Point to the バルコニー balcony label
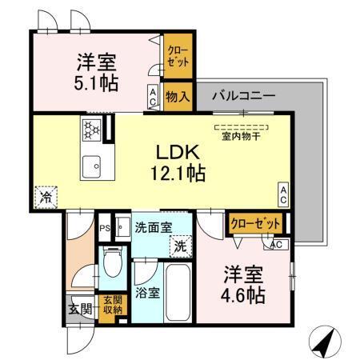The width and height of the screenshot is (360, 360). (243, 95)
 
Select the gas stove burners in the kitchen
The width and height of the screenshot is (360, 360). (90, 128)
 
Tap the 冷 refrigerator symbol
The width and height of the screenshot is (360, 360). (45, 194)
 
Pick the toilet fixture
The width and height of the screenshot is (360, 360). (111, 259)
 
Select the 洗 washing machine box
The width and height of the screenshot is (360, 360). (182, 246)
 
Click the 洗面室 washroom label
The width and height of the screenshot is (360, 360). (152, 227)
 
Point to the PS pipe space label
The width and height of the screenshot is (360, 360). (104, 227)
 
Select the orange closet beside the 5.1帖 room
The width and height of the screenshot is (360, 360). (178, 57)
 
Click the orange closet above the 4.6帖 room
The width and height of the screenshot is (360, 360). (256, 223)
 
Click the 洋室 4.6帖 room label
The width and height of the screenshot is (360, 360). (242, 284)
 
